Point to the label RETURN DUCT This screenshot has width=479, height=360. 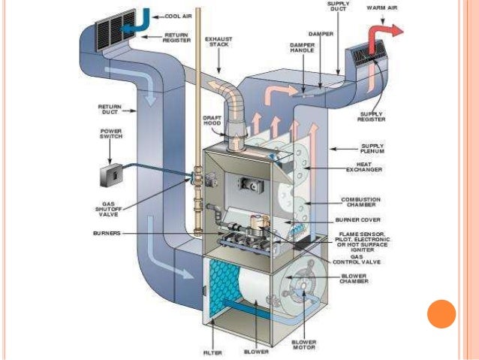110,110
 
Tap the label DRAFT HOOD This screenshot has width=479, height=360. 212,122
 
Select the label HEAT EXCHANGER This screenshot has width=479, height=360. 364,168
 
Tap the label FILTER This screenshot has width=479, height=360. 212,351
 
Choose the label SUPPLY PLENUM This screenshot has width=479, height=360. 373,148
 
